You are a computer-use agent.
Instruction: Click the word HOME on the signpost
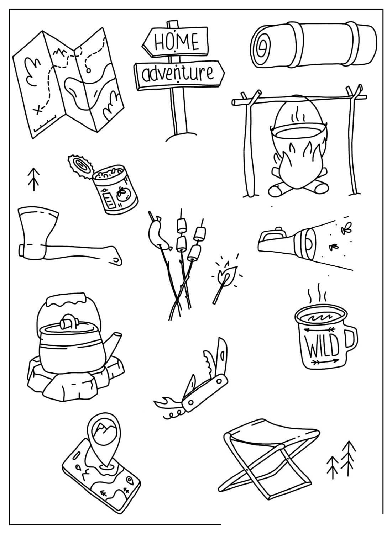pos(176,42)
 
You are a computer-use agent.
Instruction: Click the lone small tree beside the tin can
pos(33,179)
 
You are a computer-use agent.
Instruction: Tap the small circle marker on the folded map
pos(89,70)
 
